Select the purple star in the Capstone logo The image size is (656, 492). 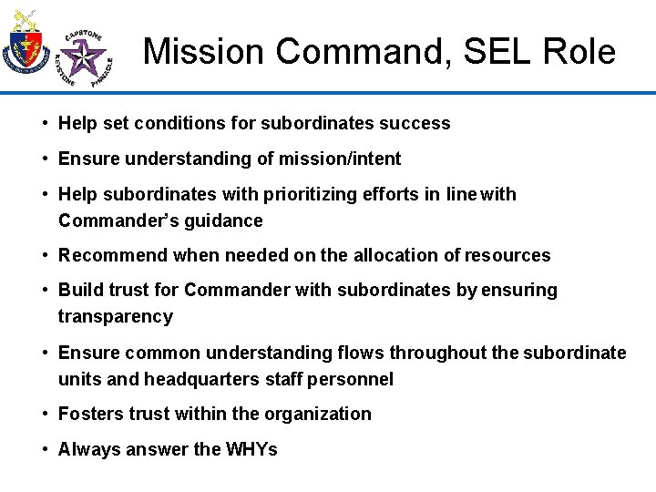point(86,61)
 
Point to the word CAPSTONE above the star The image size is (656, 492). point(84,36)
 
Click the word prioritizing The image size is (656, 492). point(313,194)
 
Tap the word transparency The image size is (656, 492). point(115,316)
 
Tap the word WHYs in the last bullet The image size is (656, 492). point(251,449)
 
